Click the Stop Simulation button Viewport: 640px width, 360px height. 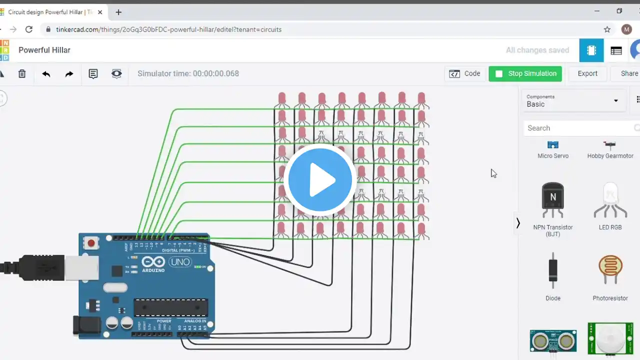click(x=525, y=73)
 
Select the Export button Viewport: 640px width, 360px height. click(x=587, y=73)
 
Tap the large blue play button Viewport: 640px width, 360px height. click(x=320, y=180)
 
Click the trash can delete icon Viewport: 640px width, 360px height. click(x=22, y=74)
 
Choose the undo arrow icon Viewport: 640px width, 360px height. click(x=46, y=74)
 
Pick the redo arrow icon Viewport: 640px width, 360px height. click(x=69, y=74)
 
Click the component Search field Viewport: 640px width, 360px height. click(x=577, y=128)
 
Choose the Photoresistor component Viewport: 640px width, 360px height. click(x=610, y=270)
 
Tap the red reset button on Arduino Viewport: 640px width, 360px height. click(x=91, y=243)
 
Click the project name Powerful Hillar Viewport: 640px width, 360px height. click(x=44, y=50)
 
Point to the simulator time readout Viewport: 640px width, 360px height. click(x=188, y=73)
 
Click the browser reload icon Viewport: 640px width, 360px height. click(x=29, y=29)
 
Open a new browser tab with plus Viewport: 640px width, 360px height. click(x=118, y=12)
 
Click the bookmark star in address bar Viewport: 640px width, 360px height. click(x=607, y=29)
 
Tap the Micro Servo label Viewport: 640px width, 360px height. click(x=553, y=156)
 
